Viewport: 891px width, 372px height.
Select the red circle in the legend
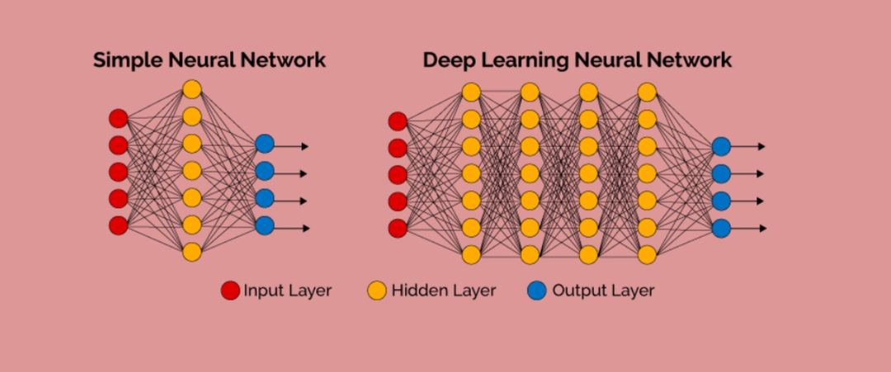point(230,290)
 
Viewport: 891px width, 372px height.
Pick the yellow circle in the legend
point(377,290)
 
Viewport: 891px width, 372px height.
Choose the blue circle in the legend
point(537,290)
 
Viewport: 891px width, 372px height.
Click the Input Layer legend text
point(287,290)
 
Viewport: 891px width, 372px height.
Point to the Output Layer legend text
point(603,290)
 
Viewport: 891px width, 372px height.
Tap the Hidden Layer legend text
point(444,290)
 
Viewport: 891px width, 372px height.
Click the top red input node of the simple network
point(119,118)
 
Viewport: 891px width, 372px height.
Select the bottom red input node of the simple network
point(119,225)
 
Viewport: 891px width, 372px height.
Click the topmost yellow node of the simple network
point(191,88)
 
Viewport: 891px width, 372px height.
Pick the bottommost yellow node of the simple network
point(191,252)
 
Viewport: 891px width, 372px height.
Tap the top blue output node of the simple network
point(264,144)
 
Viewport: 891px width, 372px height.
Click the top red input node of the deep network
point(398,121)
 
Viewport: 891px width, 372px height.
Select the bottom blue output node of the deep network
point(721,228)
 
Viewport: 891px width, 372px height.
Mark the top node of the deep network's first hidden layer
point(471,92)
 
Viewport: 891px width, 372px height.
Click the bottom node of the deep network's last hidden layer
point(648,255)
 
